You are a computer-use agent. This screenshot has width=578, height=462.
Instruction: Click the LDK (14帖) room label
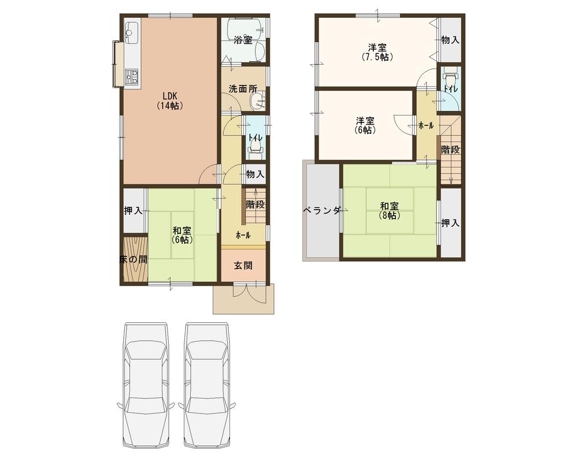point(169,101)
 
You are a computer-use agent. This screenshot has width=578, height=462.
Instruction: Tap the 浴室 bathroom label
point(243,40)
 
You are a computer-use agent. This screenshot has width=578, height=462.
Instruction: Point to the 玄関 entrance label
point(243,266)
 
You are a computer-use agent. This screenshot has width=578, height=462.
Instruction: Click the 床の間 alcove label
point(133,260)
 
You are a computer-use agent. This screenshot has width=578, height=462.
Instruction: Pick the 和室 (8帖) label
point(389,210)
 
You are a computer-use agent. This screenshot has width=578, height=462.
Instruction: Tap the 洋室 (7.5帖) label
point(377,52)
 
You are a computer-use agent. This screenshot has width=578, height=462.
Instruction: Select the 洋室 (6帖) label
point(365,125)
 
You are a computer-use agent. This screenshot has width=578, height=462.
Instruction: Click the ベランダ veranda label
point(323,211)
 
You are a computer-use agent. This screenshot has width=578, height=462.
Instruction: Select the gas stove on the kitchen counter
point(132,76)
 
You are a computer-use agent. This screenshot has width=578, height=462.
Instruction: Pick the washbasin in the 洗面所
point(255,103)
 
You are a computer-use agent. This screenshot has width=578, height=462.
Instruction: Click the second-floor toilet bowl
point(450,75)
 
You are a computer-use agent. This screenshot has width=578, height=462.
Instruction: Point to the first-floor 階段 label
point(255,204)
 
